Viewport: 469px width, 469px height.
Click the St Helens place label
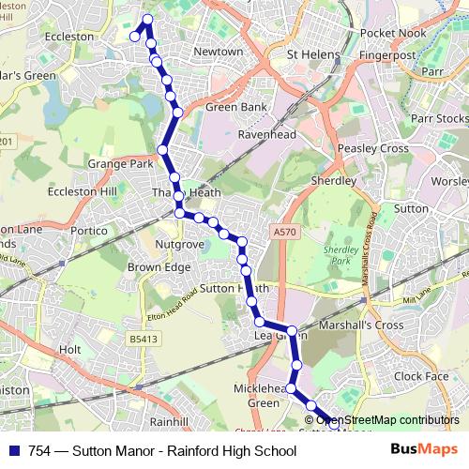coord(313,54)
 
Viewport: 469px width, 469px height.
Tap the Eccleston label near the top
coord(70,37)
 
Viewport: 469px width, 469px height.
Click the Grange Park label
coord(119,163)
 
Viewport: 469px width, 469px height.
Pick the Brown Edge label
coord(159,266)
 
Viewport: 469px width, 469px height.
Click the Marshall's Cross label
coord(362,325)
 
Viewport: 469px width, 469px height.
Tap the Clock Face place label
coord(422,376)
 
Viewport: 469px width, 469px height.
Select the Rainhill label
coord(169,421)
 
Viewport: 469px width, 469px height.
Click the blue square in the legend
coord(14,451)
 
